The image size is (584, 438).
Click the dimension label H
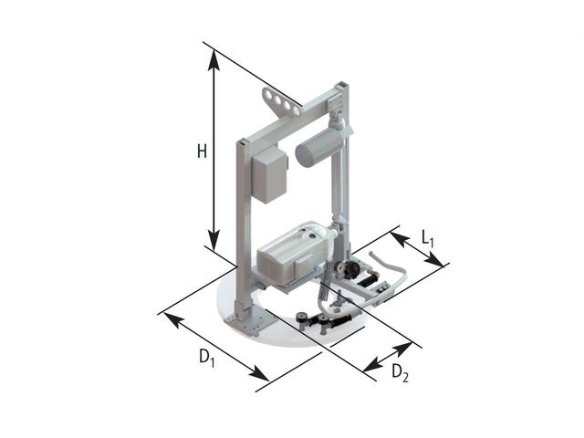(202, 151)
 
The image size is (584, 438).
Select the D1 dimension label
(207, 358)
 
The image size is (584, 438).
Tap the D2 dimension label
(400, 373)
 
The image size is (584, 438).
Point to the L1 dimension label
(428, 238)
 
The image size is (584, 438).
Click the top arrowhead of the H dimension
(214, 59)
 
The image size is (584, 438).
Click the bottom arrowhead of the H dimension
(214, 240)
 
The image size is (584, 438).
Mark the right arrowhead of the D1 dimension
(258, 373)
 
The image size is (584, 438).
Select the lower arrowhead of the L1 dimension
(434, 259)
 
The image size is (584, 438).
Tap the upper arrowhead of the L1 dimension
(400, 239)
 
